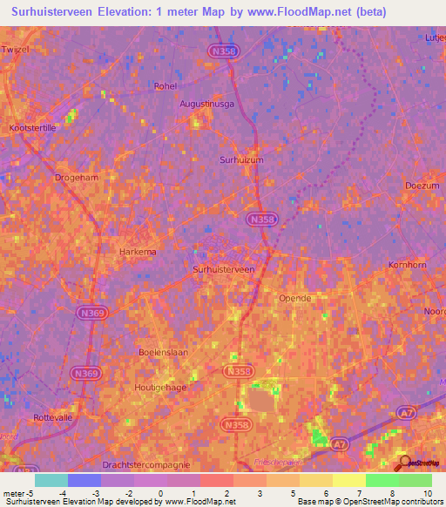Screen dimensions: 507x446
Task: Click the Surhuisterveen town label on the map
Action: click(223, 270)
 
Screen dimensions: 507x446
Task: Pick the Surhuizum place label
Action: click(240, 159)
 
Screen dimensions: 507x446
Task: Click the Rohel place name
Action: click(165, 86)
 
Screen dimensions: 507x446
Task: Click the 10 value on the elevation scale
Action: click(428, 493)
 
